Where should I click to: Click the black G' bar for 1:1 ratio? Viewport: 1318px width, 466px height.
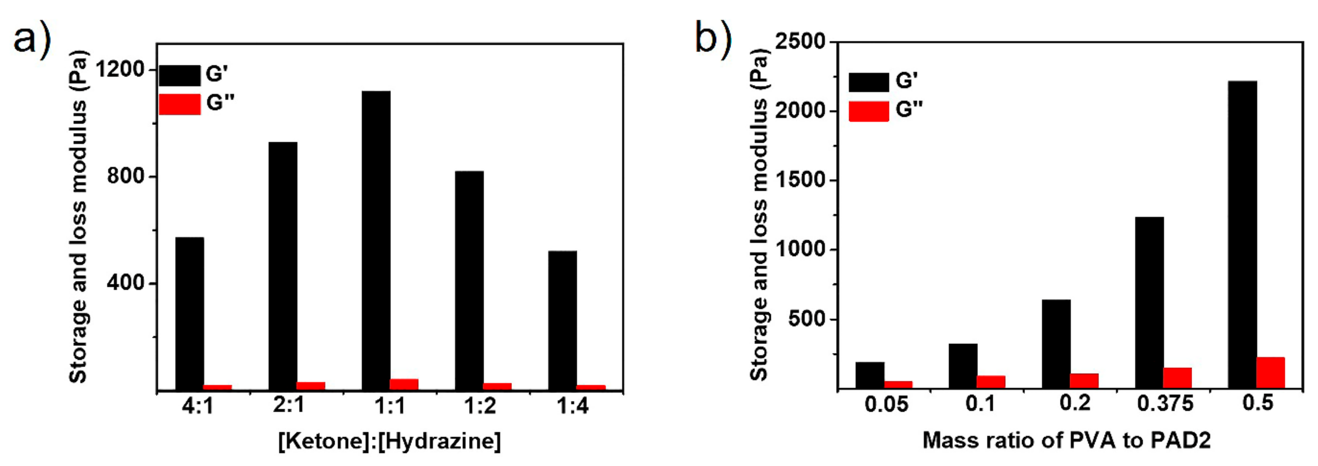[x=376, y=240]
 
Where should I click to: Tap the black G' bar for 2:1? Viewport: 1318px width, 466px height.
[x=282, y=266]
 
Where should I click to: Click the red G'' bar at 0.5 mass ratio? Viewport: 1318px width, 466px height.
[x=1270, y=372]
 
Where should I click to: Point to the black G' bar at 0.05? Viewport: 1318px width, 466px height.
[x=870, y=375]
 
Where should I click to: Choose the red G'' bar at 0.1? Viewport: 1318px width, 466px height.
[x=991, y=382]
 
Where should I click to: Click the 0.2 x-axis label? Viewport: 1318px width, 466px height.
[x=1075, y=403]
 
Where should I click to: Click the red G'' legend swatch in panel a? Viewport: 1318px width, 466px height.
[x=179, y=104]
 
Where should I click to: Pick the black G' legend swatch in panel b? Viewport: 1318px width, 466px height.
[x=869, y=82]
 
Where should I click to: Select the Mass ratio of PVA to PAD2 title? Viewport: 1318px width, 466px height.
[x=1066, y=441]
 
